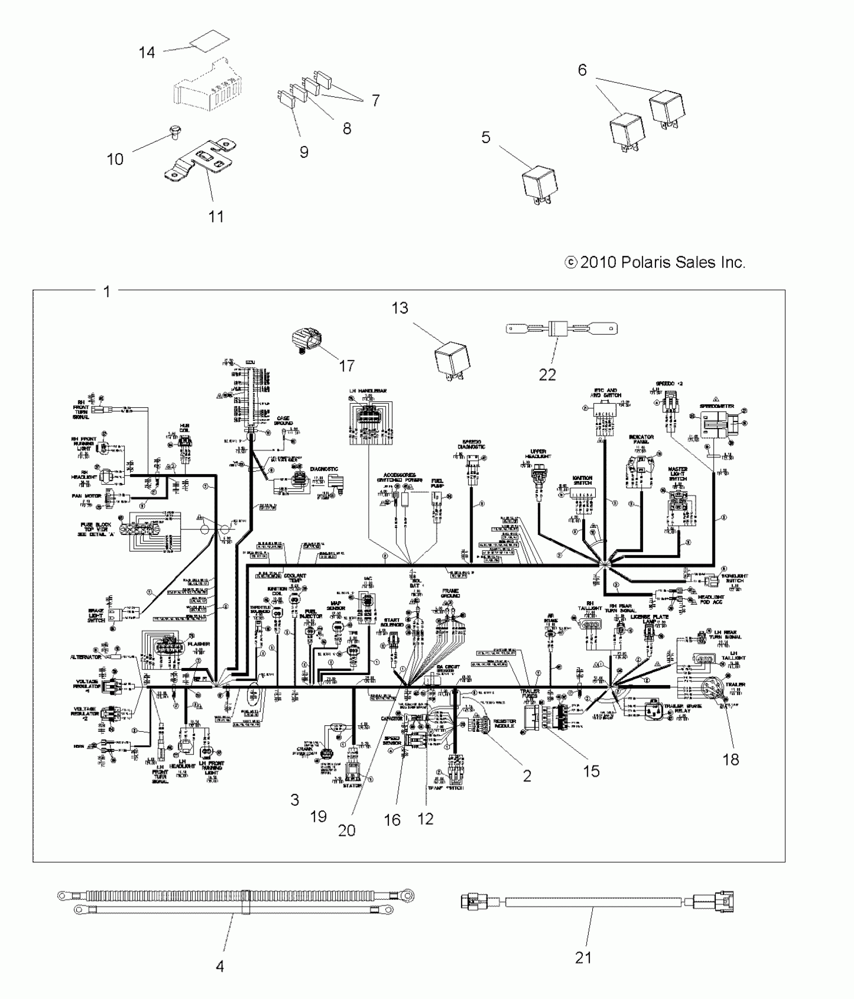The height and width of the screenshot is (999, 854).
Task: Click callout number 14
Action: [147, 52]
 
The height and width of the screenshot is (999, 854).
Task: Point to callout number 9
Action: [304, 152]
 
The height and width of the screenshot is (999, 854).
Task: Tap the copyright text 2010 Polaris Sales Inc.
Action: [655, 262]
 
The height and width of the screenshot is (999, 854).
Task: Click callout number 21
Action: [583, 958]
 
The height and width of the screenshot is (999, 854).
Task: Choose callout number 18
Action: [731, 759]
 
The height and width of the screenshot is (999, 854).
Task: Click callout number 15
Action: [591, 771]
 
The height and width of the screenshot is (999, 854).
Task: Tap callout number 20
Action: [347, 830]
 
